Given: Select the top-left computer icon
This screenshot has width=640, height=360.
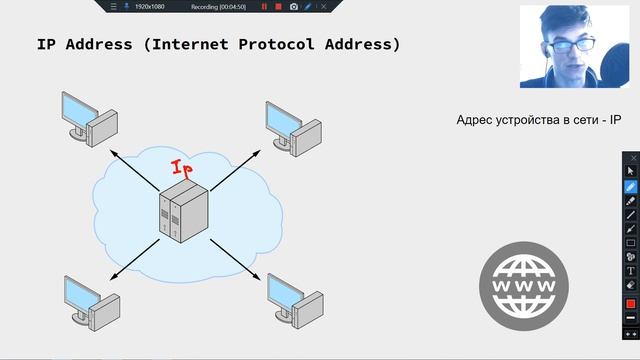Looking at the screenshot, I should tap(87, 118).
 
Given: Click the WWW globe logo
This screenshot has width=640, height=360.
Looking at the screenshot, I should tap(523, 285).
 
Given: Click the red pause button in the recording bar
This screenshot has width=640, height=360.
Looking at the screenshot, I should tap(264, 6).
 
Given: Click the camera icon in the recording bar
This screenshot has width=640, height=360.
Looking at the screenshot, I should tap(293, 6).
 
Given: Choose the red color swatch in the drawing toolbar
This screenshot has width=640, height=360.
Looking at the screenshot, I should tap(631, 303).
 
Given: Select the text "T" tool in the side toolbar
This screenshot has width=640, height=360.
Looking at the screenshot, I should tap(631, 271).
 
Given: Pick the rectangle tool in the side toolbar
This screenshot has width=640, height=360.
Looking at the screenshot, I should tap(631, 243).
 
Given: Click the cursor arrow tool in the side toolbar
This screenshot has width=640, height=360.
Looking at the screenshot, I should tap(631, 171).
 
